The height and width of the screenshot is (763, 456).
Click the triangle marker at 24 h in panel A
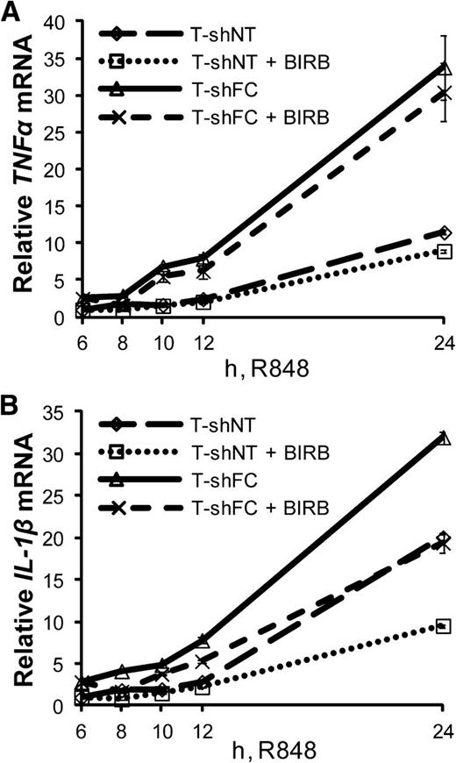click(x=445, y=68)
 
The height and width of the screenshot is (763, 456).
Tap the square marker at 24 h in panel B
click(x=445, y=626)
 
